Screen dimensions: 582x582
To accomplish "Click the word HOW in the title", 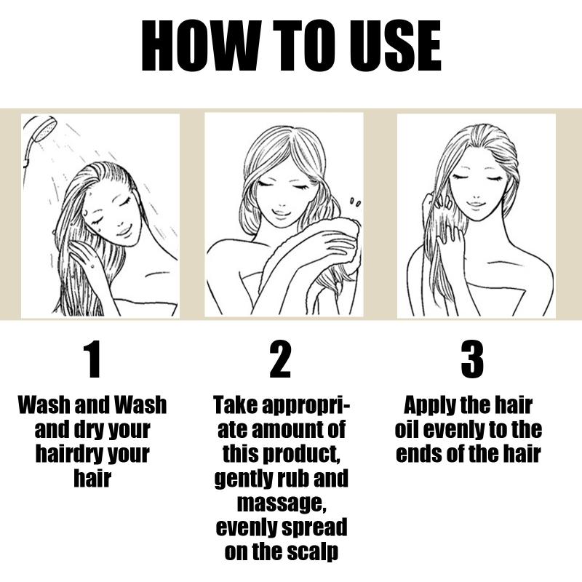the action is (x=202, y=45).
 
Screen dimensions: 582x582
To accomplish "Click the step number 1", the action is (x=93, y=359).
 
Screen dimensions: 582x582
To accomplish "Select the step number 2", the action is (x=280, y=359).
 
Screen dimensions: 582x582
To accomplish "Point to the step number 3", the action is (x=472, y=359).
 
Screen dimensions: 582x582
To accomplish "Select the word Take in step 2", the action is (x=236, y=404).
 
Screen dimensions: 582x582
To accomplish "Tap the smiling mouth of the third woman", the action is (x=475, y=204).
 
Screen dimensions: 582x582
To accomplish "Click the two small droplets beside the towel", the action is (x=355, y=202).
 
